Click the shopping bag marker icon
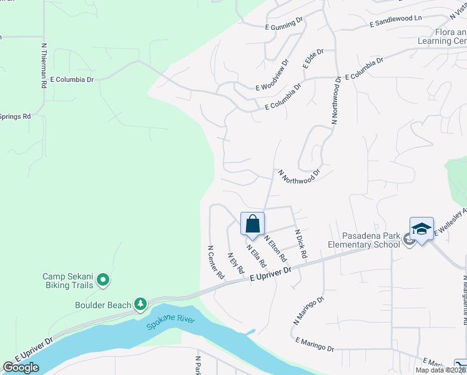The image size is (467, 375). (x=252, y=224)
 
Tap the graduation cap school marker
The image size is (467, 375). (x=421, y=229)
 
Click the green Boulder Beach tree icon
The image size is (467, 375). (x=141, y=304)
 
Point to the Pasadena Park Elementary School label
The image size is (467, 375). (x=371, y=240)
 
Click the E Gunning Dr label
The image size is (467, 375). (x=283, y=24)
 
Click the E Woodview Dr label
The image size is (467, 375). (x=272, y=75)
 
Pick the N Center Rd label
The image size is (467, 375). (x=216, y=262)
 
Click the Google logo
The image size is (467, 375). (x=21, y=367)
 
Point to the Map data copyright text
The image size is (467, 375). (x=441, y=370)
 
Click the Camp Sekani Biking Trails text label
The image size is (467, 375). (x=67, y=281)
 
